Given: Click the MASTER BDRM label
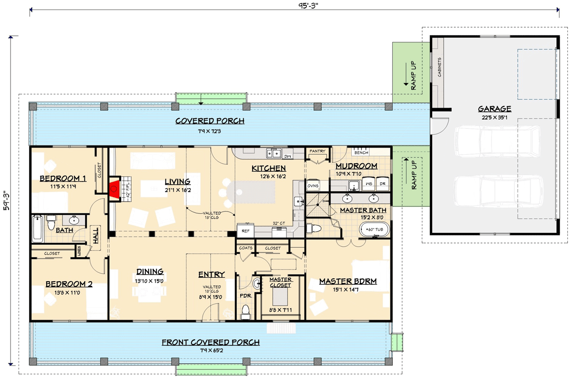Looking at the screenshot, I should [x=347, y=281].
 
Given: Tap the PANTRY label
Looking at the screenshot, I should [x=317, y=151].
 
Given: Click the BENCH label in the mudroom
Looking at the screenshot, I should [x=361, y=153].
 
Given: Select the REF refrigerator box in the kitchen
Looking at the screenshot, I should [x=246, y=231].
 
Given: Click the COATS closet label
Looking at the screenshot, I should [x=245, y=248].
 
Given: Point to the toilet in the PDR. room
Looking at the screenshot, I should [x=245, y=311].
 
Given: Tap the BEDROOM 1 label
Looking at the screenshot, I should [x=62, y=179].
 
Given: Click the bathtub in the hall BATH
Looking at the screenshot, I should [x=38, y=230].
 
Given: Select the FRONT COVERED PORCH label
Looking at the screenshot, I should [x=210, y=342].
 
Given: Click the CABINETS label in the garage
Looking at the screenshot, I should [x=439, y=67].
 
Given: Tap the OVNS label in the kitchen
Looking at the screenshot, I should [x=313, y=186].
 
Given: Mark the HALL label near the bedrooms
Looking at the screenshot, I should [x=96, y=236].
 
